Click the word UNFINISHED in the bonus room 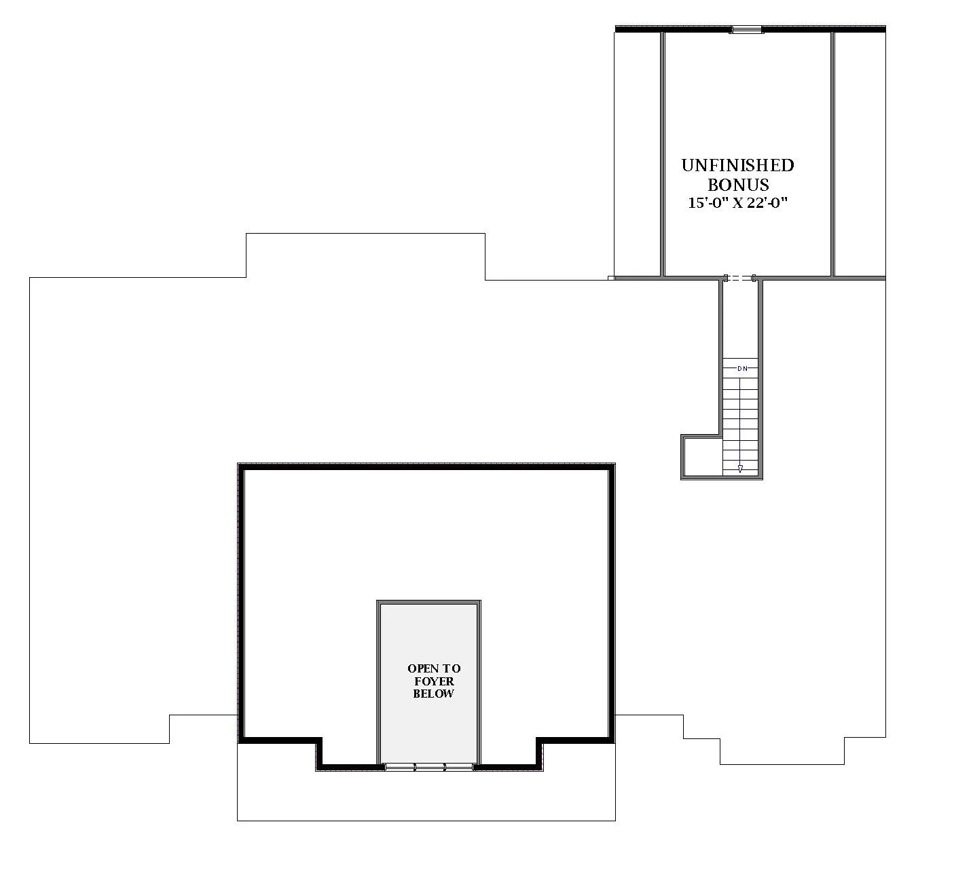737,165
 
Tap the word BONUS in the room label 738,185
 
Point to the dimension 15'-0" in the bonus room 707,202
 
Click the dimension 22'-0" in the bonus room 769,202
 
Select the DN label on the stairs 742,368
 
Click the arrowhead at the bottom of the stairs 739,468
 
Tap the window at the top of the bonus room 746,29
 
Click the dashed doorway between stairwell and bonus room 740,278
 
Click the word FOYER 434,681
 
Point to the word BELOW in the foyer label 433,694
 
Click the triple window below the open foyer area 429,767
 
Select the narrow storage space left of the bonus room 637,153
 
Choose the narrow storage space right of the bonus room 860,153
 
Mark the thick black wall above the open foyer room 426,467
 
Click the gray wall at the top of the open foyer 429,603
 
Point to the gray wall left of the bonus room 662,153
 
